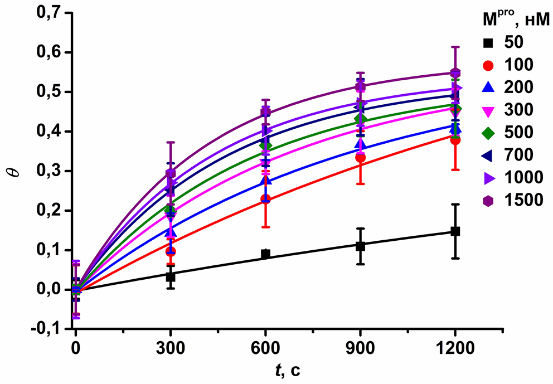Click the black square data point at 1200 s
[x=455, y=231]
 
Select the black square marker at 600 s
[x=266, y=254]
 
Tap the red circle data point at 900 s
[x=361, y=158]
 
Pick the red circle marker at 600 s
[x=266, y=199]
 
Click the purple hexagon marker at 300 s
[x=171, y=173]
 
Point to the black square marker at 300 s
[x=171, y=276]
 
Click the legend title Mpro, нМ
[x=516, y=20]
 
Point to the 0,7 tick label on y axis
[x=48, y=13]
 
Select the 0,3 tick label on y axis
[x=48, y=171]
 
